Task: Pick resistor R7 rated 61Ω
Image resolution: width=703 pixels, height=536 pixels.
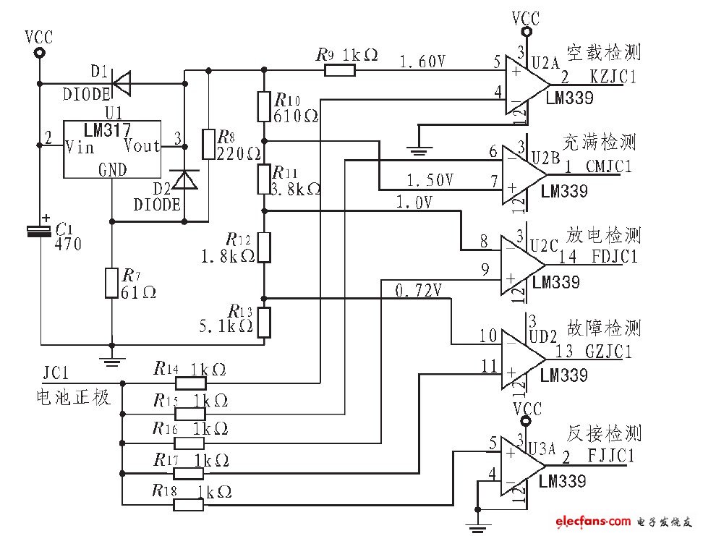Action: coord(111,282)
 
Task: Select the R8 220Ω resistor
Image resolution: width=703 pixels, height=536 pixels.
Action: coord(208,144)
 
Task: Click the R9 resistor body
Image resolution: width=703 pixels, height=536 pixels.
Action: coord(340,70)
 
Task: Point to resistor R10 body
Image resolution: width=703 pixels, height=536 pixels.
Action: coord(264,106)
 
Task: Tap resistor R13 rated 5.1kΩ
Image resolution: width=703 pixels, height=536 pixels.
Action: coord(264,323)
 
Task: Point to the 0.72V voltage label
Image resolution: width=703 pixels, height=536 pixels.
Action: coord(419,291)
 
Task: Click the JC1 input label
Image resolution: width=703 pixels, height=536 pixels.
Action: coord(56,374)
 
